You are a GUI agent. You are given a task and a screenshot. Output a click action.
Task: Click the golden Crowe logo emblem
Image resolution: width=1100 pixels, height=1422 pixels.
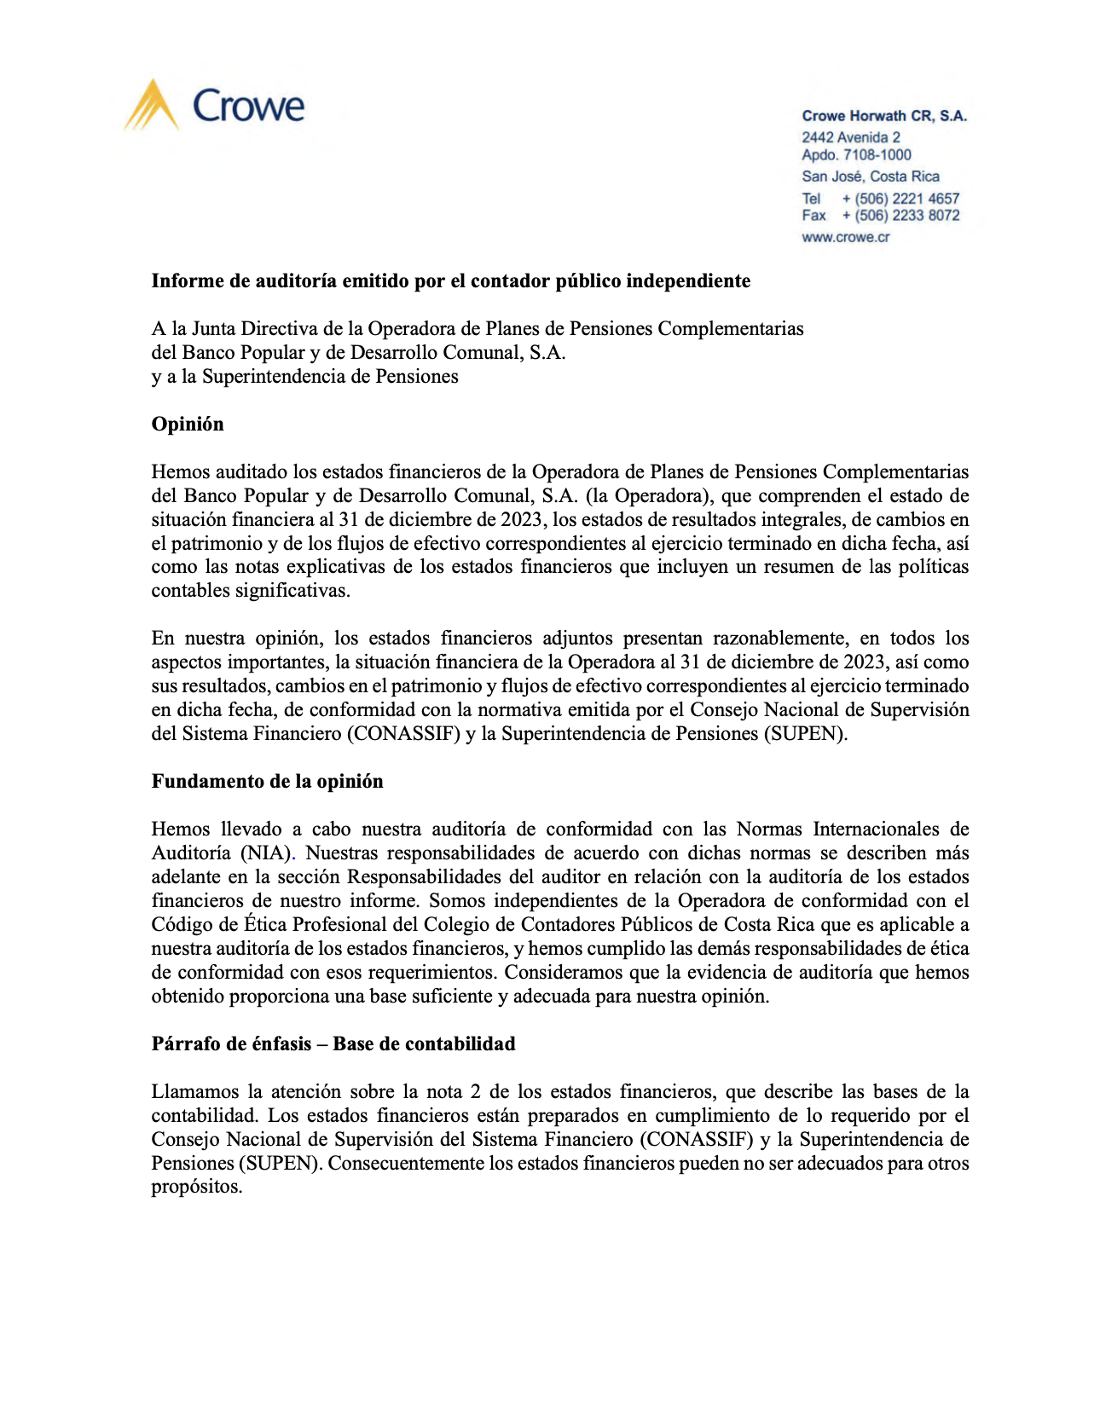[151, 105]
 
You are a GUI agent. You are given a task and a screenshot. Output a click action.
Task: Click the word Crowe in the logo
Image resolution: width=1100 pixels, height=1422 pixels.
[248, 107]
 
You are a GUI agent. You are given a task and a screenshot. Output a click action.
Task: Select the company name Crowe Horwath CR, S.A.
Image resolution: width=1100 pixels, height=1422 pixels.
[884, 116]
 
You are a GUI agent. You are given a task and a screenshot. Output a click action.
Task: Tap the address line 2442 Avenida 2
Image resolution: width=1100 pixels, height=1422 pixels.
[850, 137]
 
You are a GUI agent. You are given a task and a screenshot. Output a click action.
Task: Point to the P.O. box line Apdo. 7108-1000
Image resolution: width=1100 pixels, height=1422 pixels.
[856, 155]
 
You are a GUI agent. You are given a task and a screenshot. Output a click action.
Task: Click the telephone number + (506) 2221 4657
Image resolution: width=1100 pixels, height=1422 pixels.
[900, 199]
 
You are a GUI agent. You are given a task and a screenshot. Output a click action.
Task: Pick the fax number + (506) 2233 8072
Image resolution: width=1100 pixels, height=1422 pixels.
[900, 216]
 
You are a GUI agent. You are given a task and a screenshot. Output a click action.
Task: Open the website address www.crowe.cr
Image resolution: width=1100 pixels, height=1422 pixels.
[845, 238]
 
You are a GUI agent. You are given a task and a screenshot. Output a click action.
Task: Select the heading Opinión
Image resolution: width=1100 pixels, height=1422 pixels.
[188, 425]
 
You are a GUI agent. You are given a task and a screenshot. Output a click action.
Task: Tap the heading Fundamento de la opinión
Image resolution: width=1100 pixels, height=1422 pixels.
[267, 782]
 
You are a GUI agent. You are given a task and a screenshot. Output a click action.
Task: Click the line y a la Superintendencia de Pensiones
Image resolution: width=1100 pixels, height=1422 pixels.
[304, 377]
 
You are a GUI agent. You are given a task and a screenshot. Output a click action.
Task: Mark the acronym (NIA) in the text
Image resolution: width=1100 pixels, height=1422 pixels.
[267, 853]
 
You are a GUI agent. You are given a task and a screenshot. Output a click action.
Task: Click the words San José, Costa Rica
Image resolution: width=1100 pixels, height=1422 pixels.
[870, 176]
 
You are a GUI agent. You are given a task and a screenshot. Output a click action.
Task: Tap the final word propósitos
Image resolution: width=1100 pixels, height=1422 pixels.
[197, 1188]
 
